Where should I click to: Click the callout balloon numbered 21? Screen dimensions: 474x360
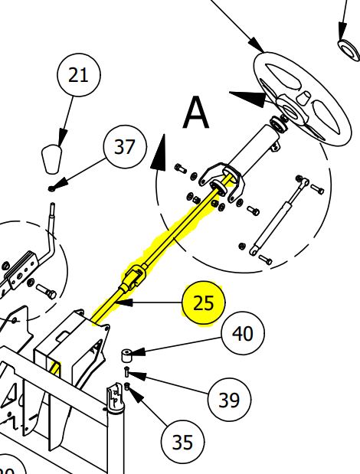coord(79,75)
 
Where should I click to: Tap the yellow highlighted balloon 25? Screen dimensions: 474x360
coord(204,302)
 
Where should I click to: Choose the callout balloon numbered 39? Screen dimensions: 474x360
coord(228,400)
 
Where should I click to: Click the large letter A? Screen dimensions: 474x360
coord(196,114)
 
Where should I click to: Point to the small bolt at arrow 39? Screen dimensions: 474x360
coord(127,373)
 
